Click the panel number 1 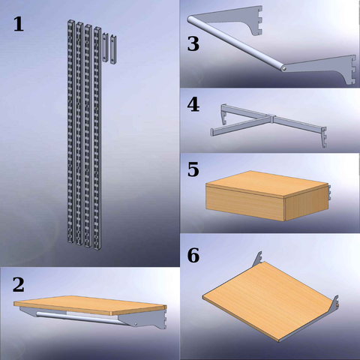click(x=19, y=24)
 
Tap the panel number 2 click(x=19, y=285)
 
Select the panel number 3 click(x=193, y=44)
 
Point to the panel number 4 click(x=193, y=105)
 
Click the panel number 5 click(x=193, y=169)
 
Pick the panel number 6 click(x=193, y=255)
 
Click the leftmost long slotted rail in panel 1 click(x=71, y=131)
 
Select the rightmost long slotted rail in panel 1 click(x=97, y=138)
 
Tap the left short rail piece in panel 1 click(x=105, y=47)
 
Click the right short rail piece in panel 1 click(x=113, y=49)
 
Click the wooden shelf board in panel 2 click(x=90, y=305)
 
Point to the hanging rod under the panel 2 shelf click(x=80, y=318)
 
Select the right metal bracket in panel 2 click(x=142, y=319)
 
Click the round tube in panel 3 click(x=236, y=43)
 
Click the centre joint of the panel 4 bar click(x=271, y=118)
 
